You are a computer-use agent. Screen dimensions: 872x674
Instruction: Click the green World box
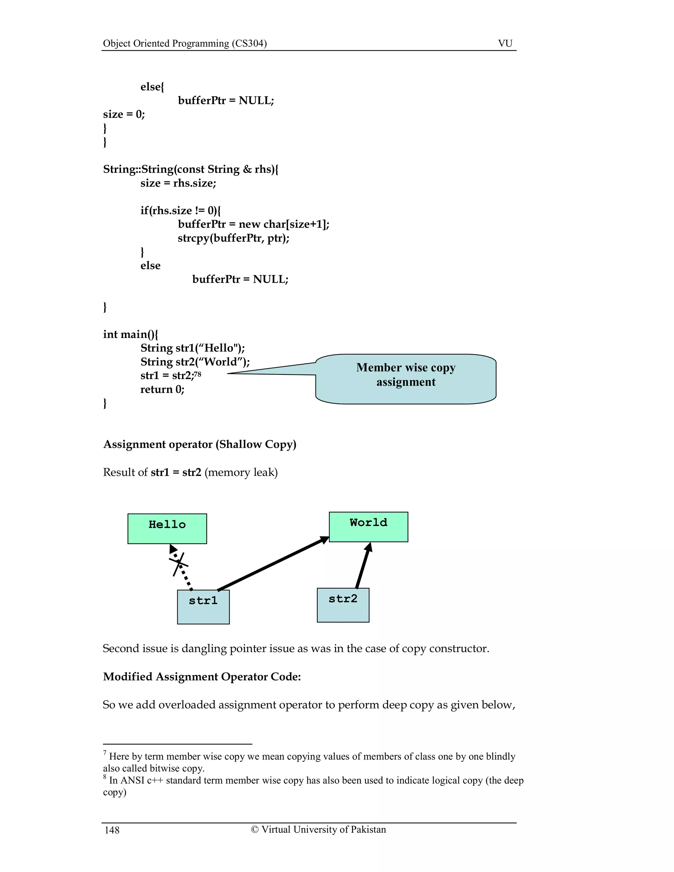coord(368,526)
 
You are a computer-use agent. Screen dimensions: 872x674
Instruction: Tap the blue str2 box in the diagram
coord(343,605)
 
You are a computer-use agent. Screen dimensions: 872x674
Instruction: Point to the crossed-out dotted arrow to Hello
coord(180,567)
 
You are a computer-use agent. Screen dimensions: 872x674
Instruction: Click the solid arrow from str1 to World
coord(273,563)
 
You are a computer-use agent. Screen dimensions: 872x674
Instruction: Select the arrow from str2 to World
coord(363,565)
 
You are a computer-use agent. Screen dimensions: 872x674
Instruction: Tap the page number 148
coord(112,830)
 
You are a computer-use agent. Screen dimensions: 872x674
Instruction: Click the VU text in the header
coord(505,43)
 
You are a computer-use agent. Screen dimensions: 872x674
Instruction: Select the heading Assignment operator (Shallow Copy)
coord(200,444)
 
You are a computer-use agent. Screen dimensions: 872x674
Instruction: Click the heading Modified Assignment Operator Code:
coord(202,676)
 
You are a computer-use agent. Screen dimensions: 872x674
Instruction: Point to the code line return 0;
coord(162,389)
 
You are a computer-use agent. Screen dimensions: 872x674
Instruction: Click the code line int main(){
coord(130,334)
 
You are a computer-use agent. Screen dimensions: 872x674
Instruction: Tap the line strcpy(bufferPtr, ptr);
coord(234,238)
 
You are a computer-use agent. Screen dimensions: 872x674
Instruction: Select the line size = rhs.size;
coord(178,183)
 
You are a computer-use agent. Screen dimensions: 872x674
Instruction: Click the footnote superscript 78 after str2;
coord(197,374)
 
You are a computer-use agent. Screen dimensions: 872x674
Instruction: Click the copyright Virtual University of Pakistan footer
coord(318,829)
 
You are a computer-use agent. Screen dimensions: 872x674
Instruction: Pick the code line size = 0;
coord(124,114)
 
